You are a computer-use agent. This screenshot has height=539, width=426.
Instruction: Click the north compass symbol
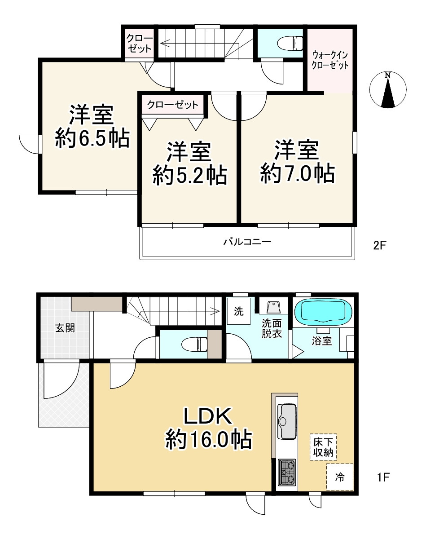click(388, 90)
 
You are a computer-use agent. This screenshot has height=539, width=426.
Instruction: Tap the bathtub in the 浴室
click(323, 311)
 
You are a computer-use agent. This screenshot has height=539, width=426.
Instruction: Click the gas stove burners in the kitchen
click(287, 471)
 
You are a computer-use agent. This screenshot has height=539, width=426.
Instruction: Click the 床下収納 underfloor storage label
click(323, 447)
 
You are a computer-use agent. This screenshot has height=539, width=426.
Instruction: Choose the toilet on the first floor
click(194, 345)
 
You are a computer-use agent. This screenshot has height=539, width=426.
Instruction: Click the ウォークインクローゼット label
click(330, 59)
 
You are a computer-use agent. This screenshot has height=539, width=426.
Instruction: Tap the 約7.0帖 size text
click(297, 174)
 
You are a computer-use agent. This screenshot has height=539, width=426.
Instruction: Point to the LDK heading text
click(207, 417)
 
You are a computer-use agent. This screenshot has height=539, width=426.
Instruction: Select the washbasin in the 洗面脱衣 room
click(272, 308)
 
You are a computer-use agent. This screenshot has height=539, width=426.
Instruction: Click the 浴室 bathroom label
click(322, 341)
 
